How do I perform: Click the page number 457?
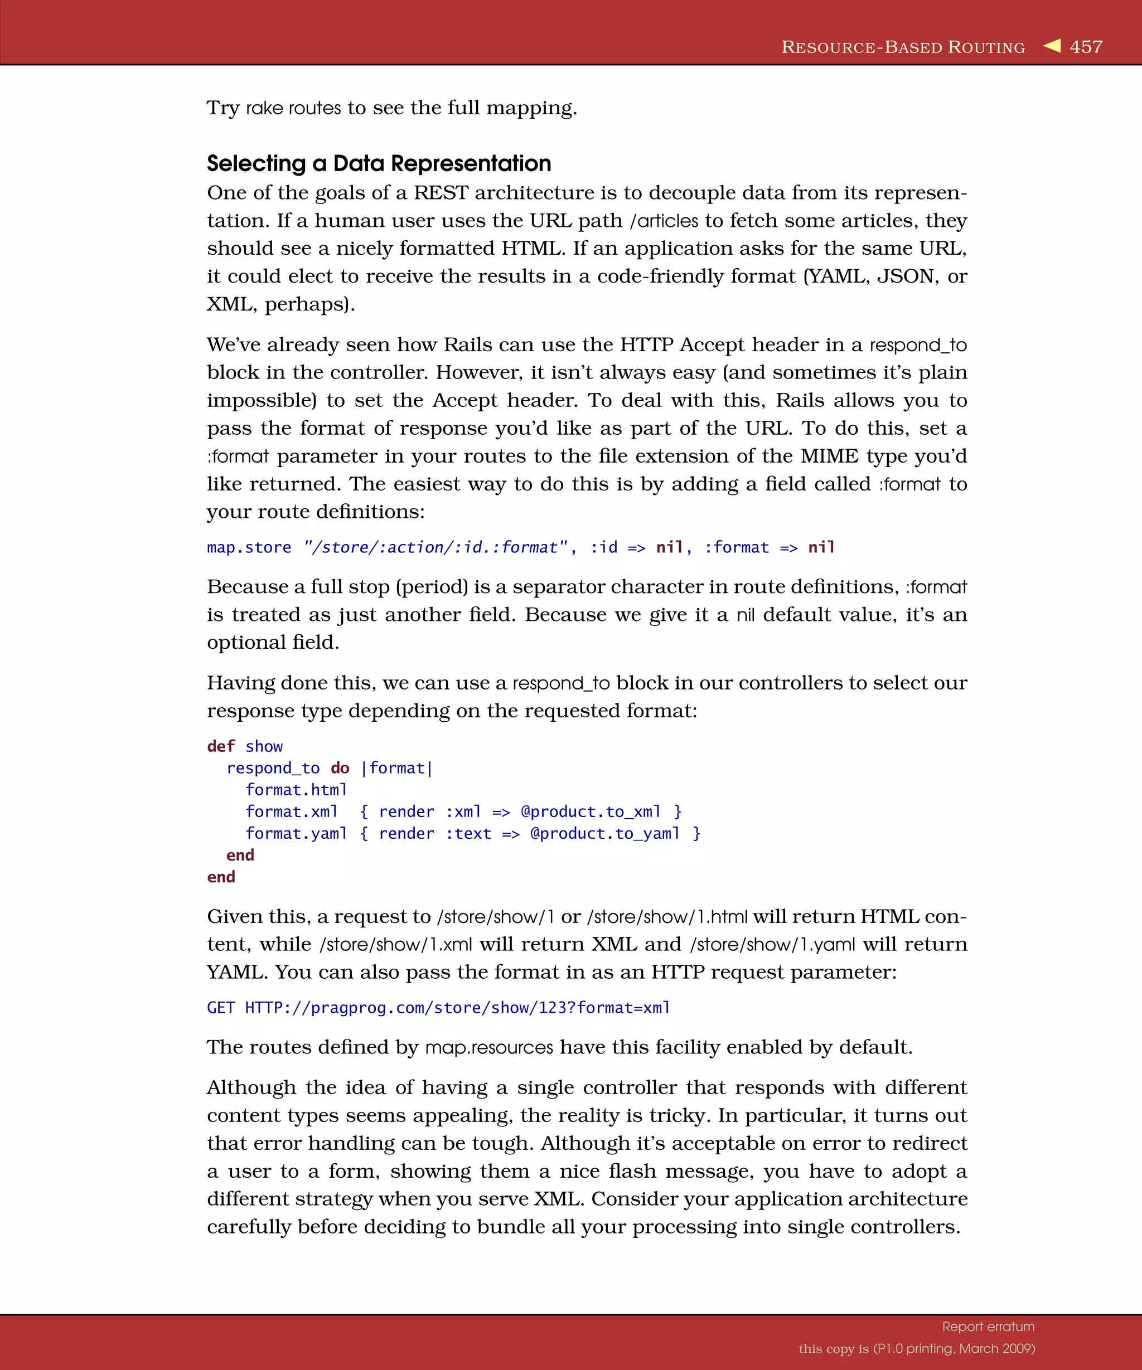coord(1086,47)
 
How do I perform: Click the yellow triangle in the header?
coord(1052,46)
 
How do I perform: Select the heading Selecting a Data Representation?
coord(379,163)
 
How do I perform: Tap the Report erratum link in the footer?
coord(988,1327)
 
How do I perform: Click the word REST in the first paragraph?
coord(441,193)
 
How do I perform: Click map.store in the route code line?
coord(249,547)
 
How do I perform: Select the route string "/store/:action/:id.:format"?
coord(436,547)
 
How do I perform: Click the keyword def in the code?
coord(221,746)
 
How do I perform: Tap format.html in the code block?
coord(296,790)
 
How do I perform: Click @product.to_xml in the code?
coord(591,812)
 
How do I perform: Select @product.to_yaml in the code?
coord(605,834)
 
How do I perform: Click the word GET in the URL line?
coord(221,1008)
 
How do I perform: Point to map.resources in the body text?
coord(489,1048)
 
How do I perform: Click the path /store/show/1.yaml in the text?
coord(772,945)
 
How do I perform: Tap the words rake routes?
coord(293,108)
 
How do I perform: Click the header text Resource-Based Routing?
coord(903,47)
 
